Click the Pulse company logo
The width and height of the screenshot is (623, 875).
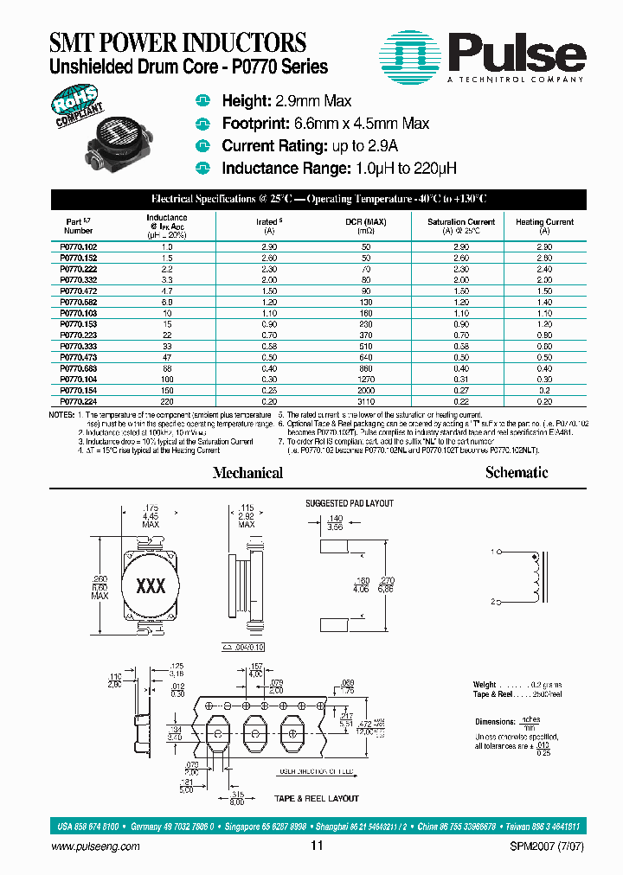[484, 54]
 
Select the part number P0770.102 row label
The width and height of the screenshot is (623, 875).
[79, 247]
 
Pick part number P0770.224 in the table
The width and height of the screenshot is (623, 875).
[79, 402]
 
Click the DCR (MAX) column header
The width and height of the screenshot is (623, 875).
[367, 222]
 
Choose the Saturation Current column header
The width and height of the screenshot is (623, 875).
[461, 222]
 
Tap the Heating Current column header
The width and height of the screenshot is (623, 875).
[544, 222]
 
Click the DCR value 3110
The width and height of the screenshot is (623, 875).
[367, 402]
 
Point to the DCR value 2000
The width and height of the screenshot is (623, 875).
[367, 391]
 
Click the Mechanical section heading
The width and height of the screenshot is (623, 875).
[247, 473]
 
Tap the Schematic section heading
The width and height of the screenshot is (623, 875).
[517, 473]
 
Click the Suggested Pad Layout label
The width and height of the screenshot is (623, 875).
[349, 503]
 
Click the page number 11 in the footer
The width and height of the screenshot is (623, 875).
[316, 846]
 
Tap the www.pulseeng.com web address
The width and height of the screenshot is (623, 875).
[96, 846]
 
